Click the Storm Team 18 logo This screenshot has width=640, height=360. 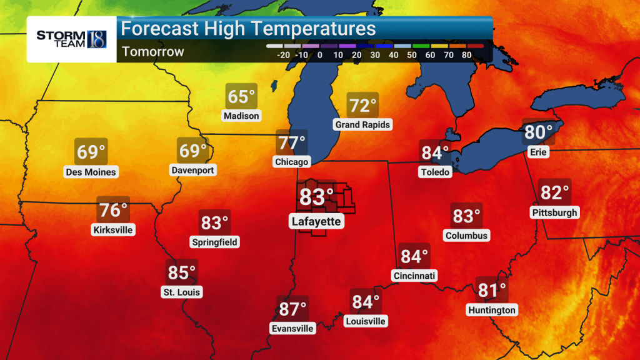pos(71,39)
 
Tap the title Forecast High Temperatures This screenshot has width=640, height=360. pos(249,29)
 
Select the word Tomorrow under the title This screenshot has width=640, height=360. pos(153,51)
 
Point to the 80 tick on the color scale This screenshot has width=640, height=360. pos(466,55)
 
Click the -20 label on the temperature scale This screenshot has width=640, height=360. pos(282,55)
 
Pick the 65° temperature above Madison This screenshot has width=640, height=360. pos(241,97)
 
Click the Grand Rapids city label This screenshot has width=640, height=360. pos(362,124)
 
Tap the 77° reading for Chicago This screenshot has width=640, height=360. pos(292,143)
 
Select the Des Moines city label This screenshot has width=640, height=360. pos(91,172)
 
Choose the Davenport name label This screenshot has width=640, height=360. pos(192,170)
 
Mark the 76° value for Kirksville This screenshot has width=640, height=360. pos(113,209)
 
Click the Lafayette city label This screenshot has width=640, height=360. pos(316,221)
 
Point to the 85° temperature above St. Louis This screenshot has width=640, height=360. pos(182,273)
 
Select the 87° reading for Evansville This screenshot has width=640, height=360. pos(292,309)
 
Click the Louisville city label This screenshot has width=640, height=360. pos(366,321)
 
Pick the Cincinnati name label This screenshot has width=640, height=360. pos(414,276)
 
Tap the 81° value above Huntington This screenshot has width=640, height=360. pos(492,291)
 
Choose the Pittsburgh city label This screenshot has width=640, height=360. pos(554,212)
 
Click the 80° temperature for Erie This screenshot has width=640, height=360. pos(538,132)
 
